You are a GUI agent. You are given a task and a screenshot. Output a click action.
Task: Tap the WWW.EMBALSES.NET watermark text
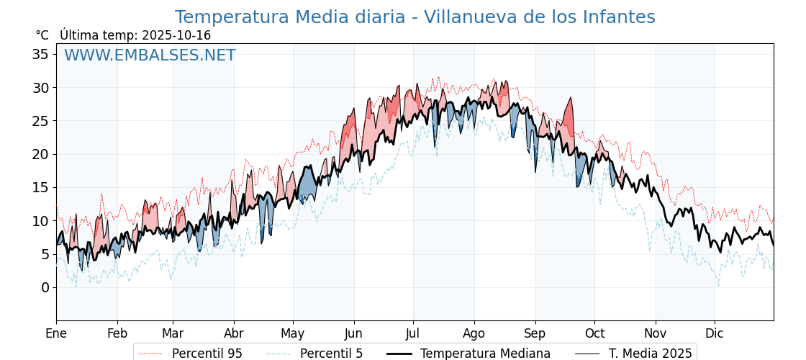(150, 55)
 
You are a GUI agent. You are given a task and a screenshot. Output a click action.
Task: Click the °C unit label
(42, 35)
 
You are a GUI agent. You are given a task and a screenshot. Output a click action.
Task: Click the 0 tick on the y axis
(45, 287)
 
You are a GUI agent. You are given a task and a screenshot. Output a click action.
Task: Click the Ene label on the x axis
(56, 333)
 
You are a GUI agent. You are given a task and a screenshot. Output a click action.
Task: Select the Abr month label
(234, 333)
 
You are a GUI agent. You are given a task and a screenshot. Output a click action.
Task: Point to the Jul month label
(413, 333)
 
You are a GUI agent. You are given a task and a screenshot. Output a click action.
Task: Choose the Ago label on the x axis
(474, 333)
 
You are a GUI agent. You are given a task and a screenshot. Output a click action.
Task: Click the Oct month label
(594, 333)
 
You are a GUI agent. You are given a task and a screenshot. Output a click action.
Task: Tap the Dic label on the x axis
(715, 333)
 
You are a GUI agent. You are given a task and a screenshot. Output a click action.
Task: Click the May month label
(293, 333)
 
